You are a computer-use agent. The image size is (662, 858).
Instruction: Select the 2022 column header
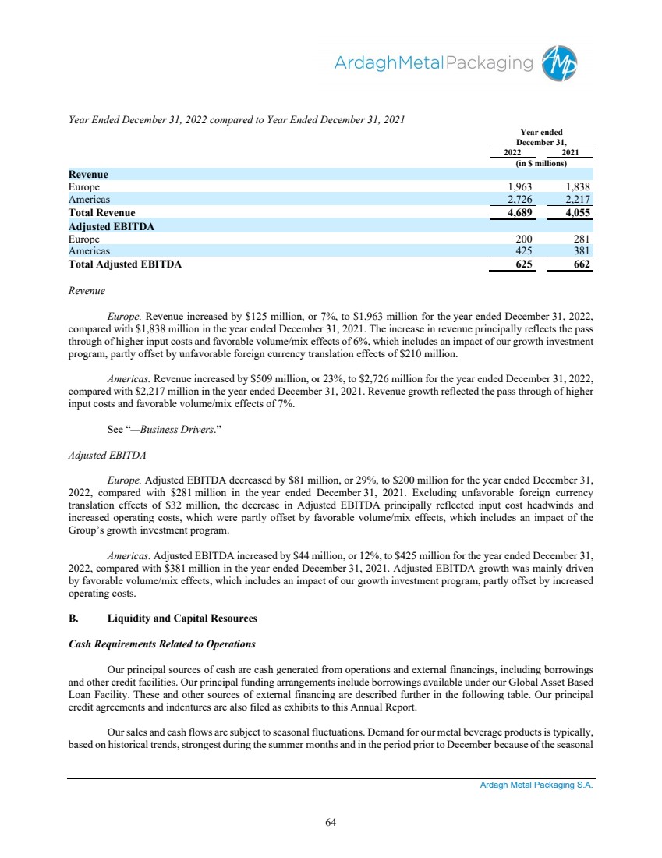click(512, 153)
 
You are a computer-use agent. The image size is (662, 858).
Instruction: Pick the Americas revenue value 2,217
click(578, 200)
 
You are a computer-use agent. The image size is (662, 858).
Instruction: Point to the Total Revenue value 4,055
click(577, 213)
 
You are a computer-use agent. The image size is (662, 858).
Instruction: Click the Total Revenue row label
click(101, 213)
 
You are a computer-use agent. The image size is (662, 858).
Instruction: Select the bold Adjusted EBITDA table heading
click(111, 226)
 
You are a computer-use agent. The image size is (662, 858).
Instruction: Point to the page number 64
click(331, 821)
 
